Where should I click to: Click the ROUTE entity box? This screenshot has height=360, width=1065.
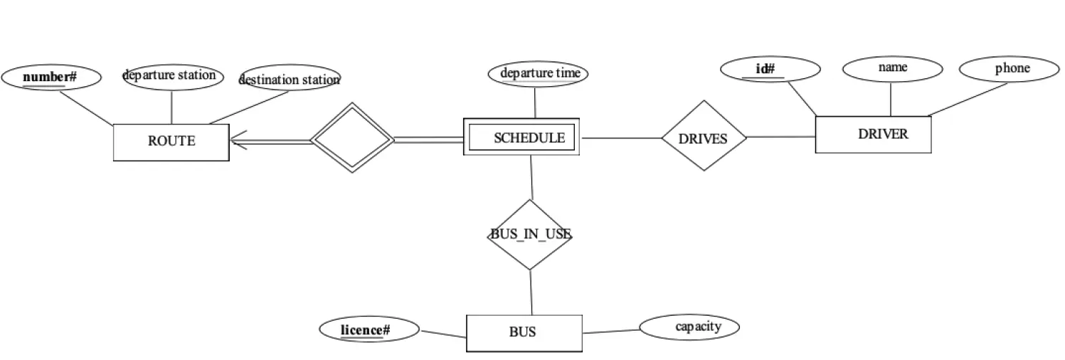pyautogui.click(x=171, y=142)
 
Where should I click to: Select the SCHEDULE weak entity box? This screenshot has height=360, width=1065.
pyautogui.click(x=521, y=137)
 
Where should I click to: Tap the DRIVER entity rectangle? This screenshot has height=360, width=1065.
pyautogui.click(x=872, y=134)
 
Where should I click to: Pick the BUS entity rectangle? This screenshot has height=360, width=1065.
pyautogui.click(x=524, y=332)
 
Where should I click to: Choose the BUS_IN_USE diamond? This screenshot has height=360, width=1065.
pyautogui.click(x=530, y=235)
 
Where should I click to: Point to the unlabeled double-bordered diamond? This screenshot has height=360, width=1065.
pyautogui.click(x=352, y=137)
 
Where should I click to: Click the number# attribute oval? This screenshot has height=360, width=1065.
pyautogui.click(x=51, y=77)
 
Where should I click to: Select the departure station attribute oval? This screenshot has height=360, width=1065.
pyautogui.click(x=173, y=75)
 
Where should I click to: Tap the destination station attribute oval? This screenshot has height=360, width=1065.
pyautogui.click(x=290, y=79)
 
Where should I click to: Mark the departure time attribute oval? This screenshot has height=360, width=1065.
pyautogui.click(x=538, y=73)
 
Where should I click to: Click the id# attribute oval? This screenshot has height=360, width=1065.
pyautogui.click(x=770, y=69)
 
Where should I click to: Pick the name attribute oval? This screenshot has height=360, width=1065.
pyautogui.click(x=892, y=68)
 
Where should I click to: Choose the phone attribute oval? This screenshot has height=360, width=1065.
pyautogui.click(x=1009, y=69)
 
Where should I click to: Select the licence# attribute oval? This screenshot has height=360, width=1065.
pyautogui.click(x=369, y=329)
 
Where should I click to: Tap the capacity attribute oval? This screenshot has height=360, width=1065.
pyautogui.click(x=689, y=327)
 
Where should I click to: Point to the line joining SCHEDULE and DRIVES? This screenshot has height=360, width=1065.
pyautogui.click(x=621, y=138)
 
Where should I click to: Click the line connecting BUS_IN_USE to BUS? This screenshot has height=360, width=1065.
pyautogui.click(x=531, y=292)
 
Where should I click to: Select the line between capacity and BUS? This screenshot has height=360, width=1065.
pyautogui.click(x=610, y=331)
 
